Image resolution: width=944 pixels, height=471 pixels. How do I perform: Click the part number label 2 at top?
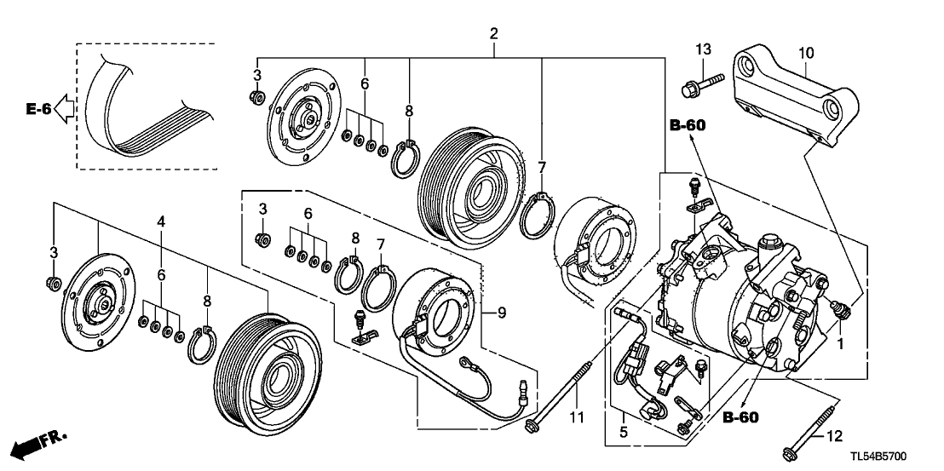tap(493, 34)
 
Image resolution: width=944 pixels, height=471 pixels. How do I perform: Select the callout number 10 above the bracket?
tap(805, 53)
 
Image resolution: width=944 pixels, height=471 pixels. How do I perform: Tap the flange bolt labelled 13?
tap(700, 83)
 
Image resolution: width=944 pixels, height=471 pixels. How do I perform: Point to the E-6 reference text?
tap(38, 109)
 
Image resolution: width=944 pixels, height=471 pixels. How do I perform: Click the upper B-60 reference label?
tap(687, 126)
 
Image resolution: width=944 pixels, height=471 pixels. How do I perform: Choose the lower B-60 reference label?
tap(740, 417)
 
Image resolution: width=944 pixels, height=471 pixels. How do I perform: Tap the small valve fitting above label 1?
tap(839, 307)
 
